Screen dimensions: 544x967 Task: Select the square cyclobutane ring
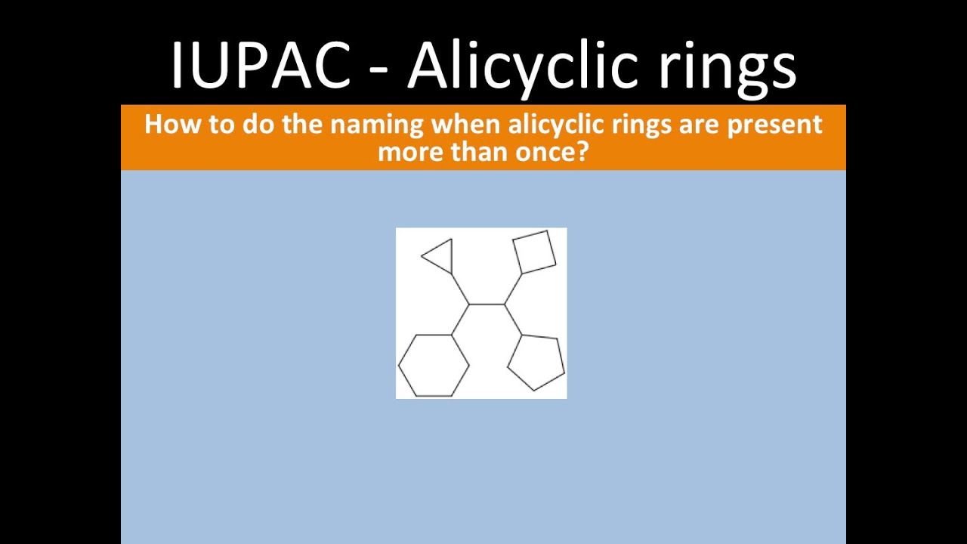[534, 252]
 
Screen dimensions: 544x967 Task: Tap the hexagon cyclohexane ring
[434, 366]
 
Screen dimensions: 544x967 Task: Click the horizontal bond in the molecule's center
[487, 304]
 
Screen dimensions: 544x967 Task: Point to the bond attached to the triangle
[460, 289]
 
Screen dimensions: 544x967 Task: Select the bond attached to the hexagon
[460, 320]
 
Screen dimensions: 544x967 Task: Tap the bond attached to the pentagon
[514, 320]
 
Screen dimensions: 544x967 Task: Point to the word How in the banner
[164, 125]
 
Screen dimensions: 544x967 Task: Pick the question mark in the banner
[582, 152]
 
